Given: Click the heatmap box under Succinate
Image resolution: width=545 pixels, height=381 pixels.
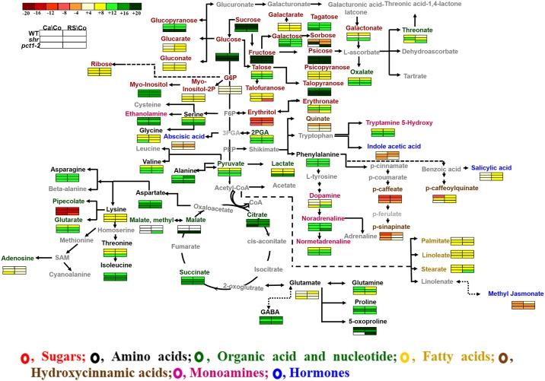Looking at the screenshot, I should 194,281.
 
